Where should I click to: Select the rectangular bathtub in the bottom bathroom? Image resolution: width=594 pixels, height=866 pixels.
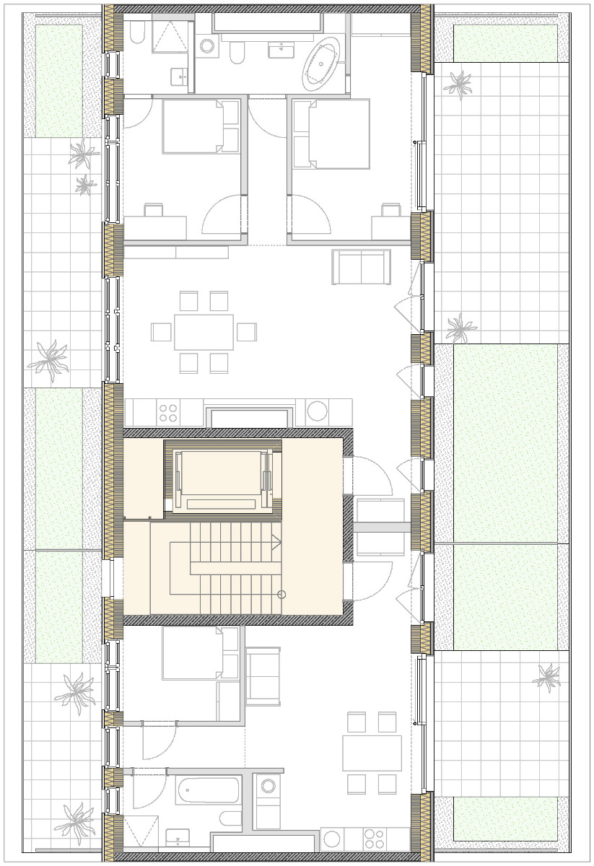(x=208, y=790)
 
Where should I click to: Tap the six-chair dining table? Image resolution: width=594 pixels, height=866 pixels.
(x=204, y=332)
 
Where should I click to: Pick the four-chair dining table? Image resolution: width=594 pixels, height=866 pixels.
(x=372, y=753)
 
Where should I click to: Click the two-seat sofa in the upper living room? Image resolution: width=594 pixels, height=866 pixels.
(x=361, y=267)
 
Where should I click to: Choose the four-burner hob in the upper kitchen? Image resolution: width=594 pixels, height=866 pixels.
(x=168, y=413)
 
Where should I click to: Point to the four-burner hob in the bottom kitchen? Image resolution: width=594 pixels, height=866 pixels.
(x=374, y=839)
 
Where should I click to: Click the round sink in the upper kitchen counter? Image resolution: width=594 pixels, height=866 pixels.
(x=318, y=411)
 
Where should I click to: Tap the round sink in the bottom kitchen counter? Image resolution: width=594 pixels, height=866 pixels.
(x=331, y=839)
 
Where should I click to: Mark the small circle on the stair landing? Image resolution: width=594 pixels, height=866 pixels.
(x=281, y=595)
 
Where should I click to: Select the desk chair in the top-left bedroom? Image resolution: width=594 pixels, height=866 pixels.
(x=154, y=210)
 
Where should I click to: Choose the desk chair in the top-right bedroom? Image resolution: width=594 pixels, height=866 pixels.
(x=390, y=210)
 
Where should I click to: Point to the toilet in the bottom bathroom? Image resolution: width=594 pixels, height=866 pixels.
(x=231, y=818)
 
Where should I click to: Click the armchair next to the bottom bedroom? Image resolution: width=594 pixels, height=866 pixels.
(x=263, y=676)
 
